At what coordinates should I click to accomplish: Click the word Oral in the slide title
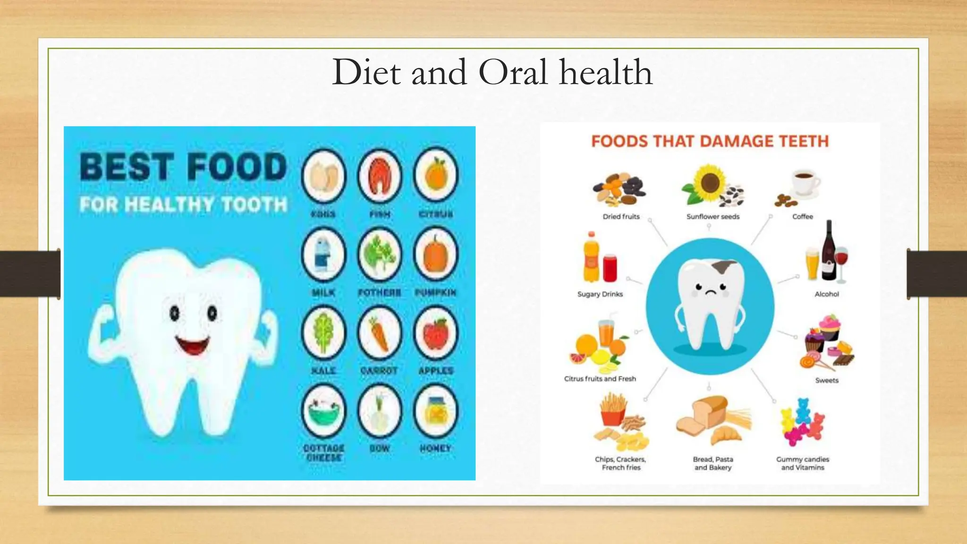coord(513,72)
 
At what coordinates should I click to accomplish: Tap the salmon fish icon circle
coord(380,176)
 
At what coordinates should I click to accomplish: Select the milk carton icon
coord(323,255)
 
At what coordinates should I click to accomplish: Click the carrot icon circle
coord(380,332)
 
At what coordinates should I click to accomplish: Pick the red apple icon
coord(436,332)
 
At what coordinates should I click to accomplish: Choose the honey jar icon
coord(436,410)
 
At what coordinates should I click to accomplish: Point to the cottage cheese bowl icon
coord(323,410)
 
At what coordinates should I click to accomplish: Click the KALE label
coord(323,371)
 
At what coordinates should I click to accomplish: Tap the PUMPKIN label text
coord(435,293)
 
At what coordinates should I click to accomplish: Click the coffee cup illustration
coord(805,182)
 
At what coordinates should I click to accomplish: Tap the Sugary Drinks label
coord(600,294)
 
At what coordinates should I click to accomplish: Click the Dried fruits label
coord(621,217)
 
